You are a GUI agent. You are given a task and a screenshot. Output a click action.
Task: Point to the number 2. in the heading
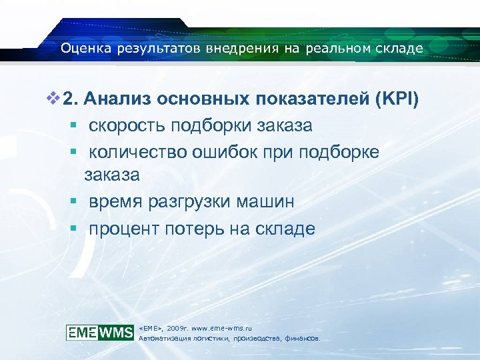tap(71, 100)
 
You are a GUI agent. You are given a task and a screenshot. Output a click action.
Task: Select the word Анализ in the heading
tap(117, 100)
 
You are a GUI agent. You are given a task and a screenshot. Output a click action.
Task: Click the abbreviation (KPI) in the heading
tap(398, 100)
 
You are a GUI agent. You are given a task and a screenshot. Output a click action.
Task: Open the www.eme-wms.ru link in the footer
tap(221, 328)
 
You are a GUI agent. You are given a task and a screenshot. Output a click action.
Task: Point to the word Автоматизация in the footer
tap(163, 339)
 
